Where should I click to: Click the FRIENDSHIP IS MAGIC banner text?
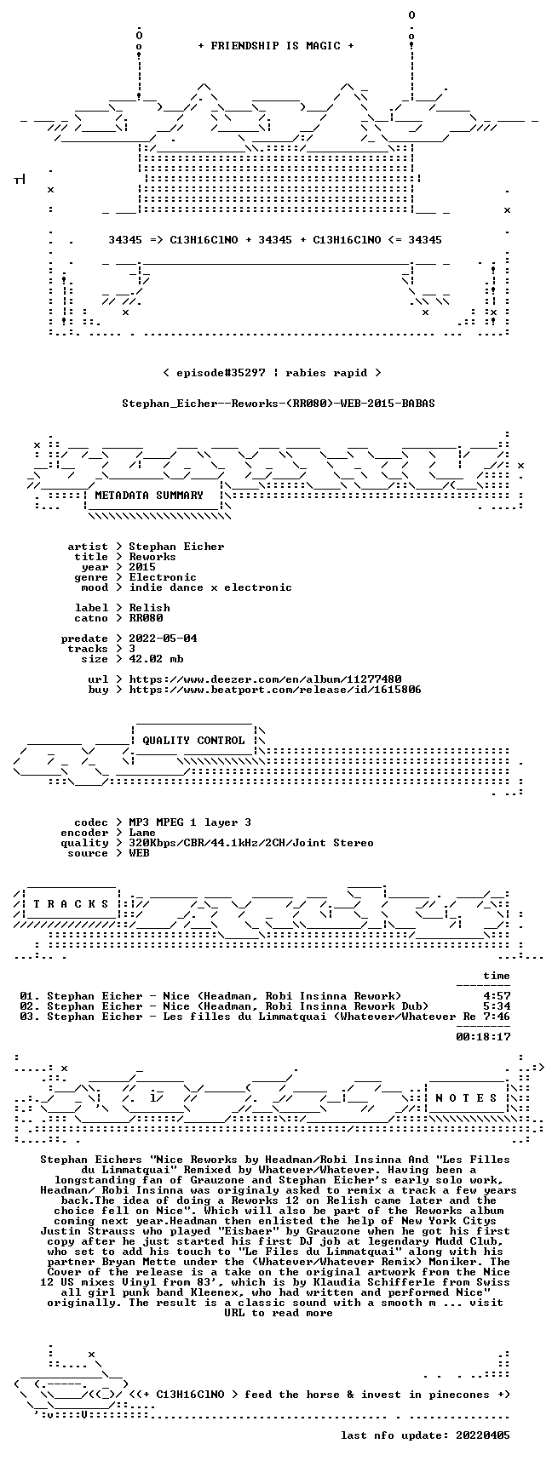point(275,46)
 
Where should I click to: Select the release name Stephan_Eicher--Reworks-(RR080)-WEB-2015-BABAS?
point(279,404)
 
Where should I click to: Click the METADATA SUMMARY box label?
point(149,496)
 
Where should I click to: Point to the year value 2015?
point(142,567)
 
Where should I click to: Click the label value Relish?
point(149,608)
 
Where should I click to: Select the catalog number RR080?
point(146,618)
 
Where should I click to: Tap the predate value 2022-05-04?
point(163,639)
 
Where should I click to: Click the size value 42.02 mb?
point(156,659)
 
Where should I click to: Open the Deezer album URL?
point(265,679)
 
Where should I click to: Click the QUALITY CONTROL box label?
point(193,741)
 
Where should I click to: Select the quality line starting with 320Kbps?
point(251,843)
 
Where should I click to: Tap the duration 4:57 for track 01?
point(497,996)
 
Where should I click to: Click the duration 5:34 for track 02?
point(497,1006)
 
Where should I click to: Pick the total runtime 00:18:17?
point(483,1037)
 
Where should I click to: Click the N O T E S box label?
point(466,1098)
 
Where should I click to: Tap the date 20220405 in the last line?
point(483,1435)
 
